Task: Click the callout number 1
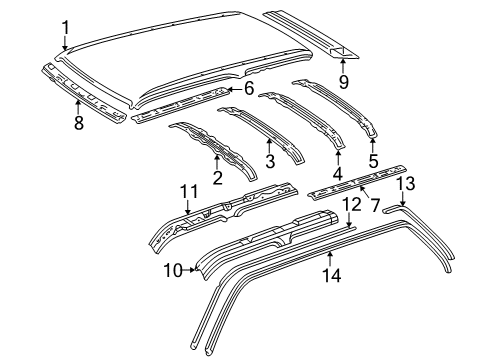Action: pos(65,27)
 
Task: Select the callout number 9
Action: pos(343,81)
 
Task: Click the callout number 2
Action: pos(217,178)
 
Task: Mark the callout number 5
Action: pos(373,158)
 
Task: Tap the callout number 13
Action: pos(405,210)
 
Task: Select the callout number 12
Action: pos(350,233)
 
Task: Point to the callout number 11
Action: pos(188,191)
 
